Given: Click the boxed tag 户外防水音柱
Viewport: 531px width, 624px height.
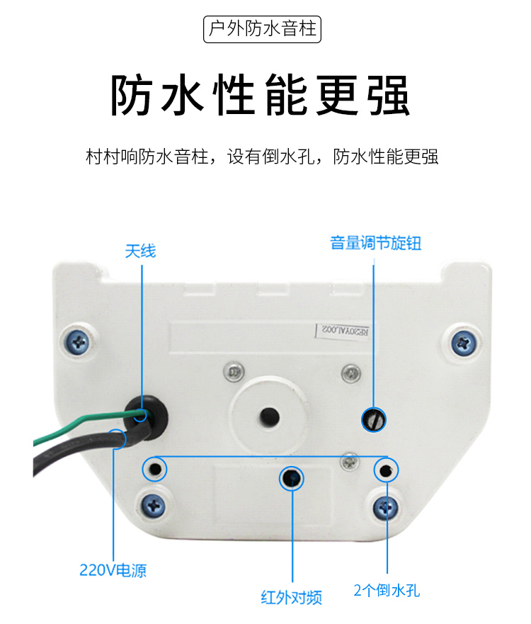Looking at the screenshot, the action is (262, 29).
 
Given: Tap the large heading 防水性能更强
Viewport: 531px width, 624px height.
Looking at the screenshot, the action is (260, 95).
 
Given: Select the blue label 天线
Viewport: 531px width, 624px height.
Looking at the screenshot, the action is (140, 251).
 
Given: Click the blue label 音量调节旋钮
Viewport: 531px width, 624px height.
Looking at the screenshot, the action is (375, 243).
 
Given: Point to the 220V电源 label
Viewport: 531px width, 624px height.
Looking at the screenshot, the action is (113, 570).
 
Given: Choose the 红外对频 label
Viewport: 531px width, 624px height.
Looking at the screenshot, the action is (292, 597).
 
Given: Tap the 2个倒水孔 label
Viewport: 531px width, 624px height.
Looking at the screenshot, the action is (387, 590).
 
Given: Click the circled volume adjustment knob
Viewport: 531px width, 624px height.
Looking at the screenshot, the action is (374, 419).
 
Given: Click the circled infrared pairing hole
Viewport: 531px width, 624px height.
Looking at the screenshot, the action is (292, 478).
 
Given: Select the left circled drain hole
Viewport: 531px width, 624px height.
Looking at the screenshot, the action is (155, 469).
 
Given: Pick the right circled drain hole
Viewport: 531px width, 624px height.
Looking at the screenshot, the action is (386, 470).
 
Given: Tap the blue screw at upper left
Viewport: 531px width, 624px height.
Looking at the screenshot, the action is (79, 342).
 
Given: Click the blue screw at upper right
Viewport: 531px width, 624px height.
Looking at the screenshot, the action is (463, 342).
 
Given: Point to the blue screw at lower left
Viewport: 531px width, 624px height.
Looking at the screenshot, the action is (154, 506).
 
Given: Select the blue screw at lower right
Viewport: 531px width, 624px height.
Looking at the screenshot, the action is (385, 508).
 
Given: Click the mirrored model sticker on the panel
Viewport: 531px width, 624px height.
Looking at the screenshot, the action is (343, 331).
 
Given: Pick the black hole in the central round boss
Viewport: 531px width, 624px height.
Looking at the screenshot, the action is (270, 417).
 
